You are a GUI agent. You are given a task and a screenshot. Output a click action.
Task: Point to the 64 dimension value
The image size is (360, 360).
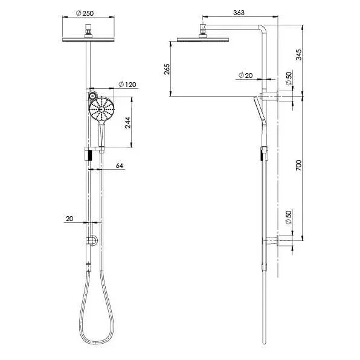click(x=118, y=166)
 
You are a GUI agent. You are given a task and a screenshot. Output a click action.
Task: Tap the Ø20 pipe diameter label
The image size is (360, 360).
click(x=245, y=75)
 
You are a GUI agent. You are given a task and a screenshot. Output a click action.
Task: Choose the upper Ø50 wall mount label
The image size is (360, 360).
click(x=289, y=77)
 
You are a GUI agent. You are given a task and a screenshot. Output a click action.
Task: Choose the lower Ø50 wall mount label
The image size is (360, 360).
click(x=289, y=217)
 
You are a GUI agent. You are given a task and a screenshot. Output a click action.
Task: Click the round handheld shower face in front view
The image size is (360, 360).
click(x=100, y=109)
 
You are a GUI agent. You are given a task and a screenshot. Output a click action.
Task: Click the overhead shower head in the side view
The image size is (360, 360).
click(x=197, y=40)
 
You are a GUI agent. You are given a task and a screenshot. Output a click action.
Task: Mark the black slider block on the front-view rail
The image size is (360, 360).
click(x=89, y=155)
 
